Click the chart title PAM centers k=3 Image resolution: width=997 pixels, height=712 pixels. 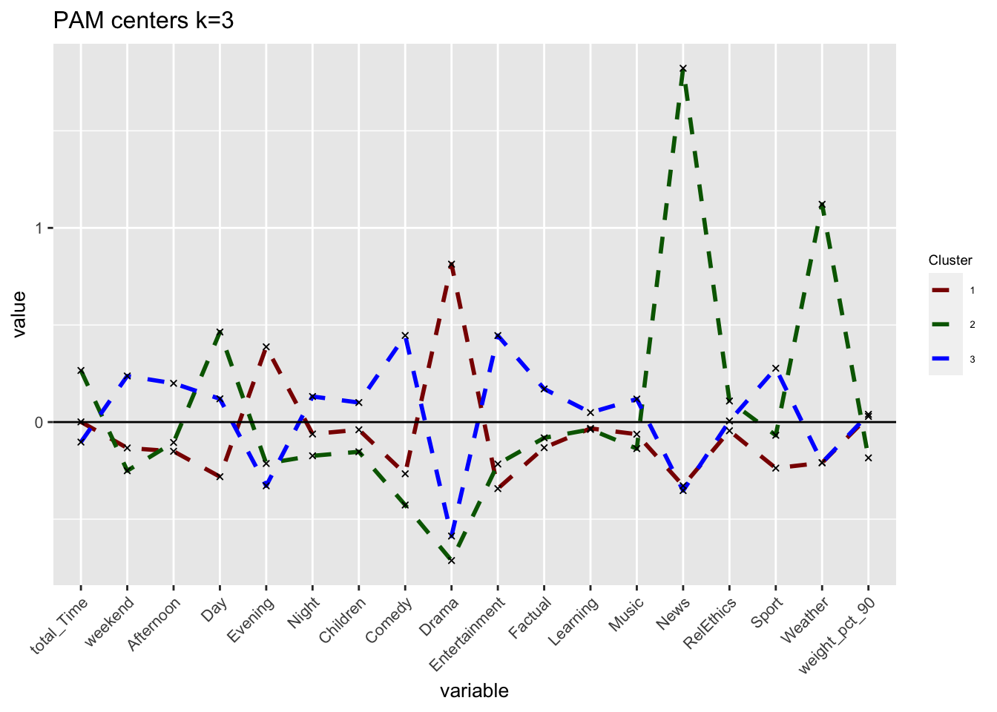click(x=143, y=21)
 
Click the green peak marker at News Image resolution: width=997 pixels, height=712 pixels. click(x=683, y=68)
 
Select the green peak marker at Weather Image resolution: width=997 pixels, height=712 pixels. click(x=822, y=204)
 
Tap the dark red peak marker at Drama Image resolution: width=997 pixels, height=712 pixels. click(x=452, y=264)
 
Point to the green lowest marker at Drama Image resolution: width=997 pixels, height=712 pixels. click(x=452, y=561)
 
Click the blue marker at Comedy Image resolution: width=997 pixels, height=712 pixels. click(x=405, y=336)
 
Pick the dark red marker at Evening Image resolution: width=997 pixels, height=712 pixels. click(x=266, y=346)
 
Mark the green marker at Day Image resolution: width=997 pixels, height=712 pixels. click(x=220, y=332)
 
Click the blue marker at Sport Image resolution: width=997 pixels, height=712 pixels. click(x=776, y=368)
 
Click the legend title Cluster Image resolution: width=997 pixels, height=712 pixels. click(x=950, y=260)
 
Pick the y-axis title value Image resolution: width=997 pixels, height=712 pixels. click(x=19, y=314)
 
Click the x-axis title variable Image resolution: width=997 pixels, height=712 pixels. click(x=474, y=691)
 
